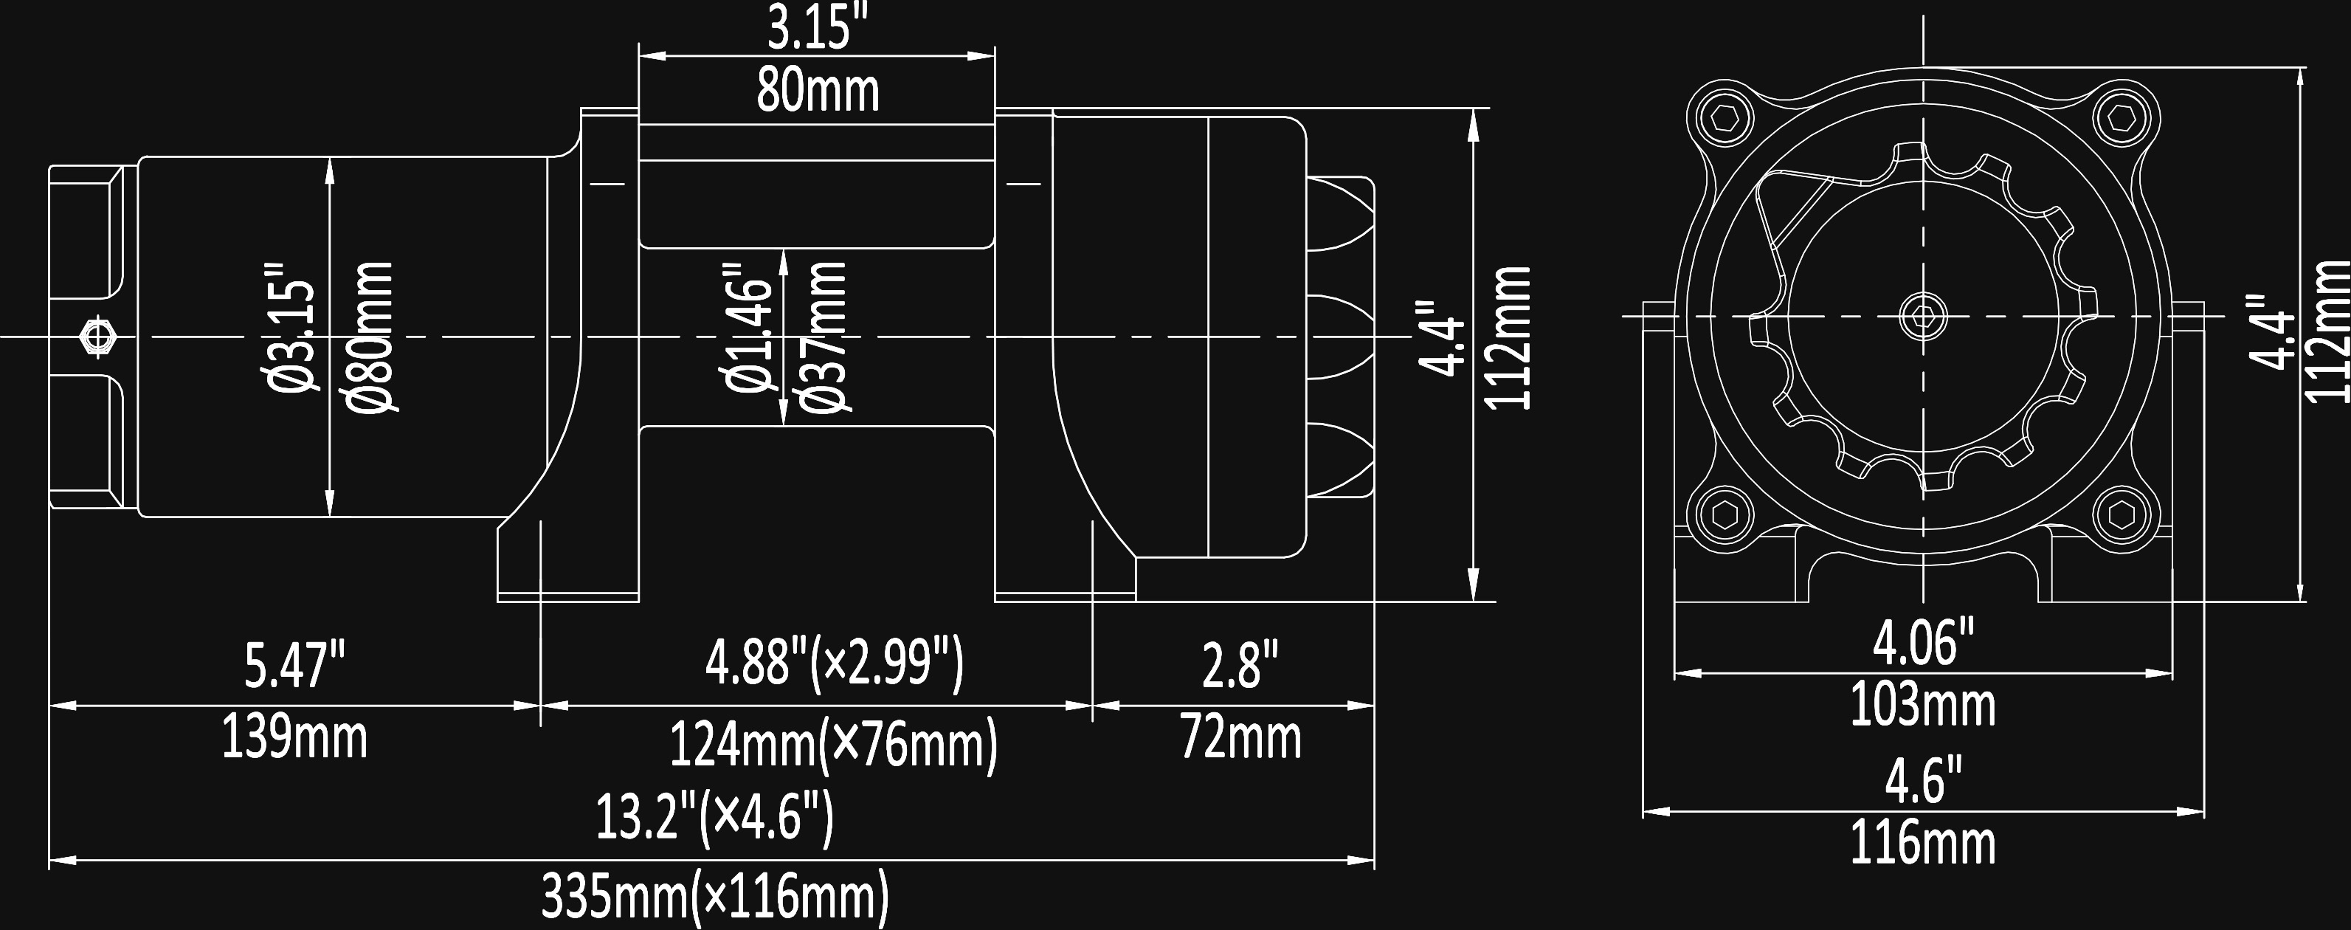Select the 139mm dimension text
pos(294,737)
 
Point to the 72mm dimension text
pos(1240,737)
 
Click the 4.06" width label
pos(1923,644)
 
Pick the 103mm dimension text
pos(1923,706)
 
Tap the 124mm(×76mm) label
pos(834,745)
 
